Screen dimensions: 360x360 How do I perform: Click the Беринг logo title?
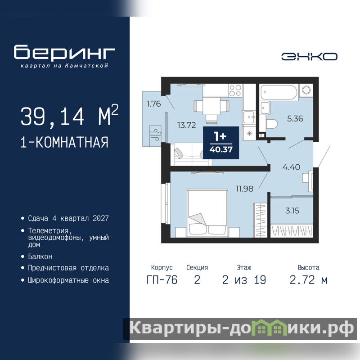(64, 52)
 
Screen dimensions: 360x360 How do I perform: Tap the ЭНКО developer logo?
(309, 57)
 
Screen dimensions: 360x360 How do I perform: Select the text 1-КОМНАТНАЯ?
(64, 142)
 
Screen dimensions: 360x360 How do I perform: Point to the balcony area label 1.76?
(153, 104)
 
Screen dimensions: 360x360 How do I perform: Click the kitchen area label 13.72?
(186, 125)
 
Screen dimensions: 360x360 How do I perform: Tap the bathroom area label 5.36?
(295, 118)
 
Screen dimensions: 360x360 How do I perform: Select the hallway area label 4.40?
(291, 167)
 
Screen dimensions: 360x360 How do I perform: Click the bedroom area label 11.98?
(244, 189)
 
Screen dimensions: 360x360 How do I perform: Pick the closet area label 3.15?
(292, 211)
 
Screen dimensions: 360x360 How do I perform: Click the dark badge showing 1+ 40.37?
(221, 143)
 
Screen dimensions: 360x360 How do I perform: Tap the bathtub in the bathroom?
(279, 92)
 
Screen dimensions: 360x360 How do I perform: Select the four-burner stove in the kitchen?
(235, 90)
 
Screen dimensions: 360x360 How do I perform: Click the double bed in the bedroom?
(207, 213)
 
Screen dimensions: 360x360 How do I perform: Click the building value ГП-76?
(162, 280)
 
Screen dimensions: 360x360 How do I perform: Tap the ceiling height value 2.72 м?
(308, 280)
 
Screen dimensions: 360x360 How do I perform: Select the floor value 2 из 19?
(244, 280)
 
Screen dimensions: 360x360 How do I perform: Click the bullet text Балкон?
(40, 256)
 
